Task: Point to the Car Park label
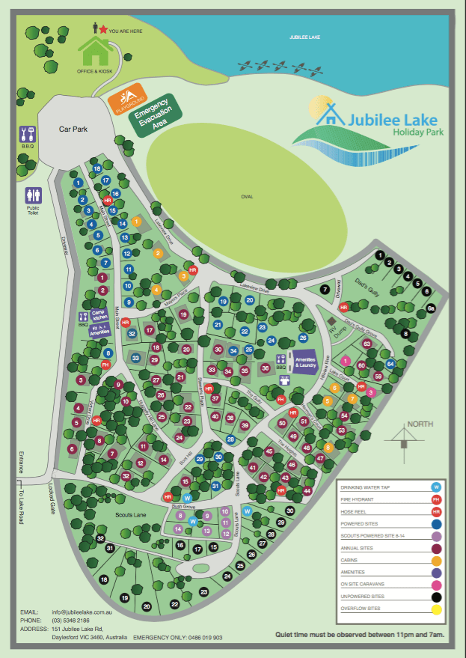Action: [74, 129]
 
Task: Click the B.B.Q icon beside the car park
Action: [27, 135]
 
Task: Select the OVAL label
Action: [247, 197]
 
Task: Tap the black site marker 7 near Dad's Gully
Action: [325, 289]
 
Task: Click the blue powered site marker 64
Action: [390, 364]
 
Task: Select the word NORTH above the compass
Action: [420, 424]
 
